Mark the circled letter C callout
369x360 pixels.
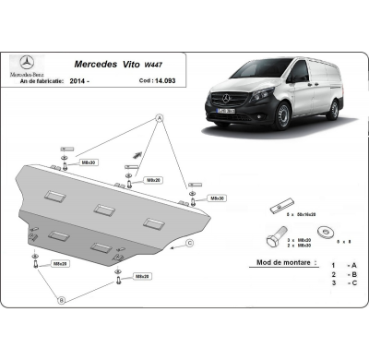point(189,243)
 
